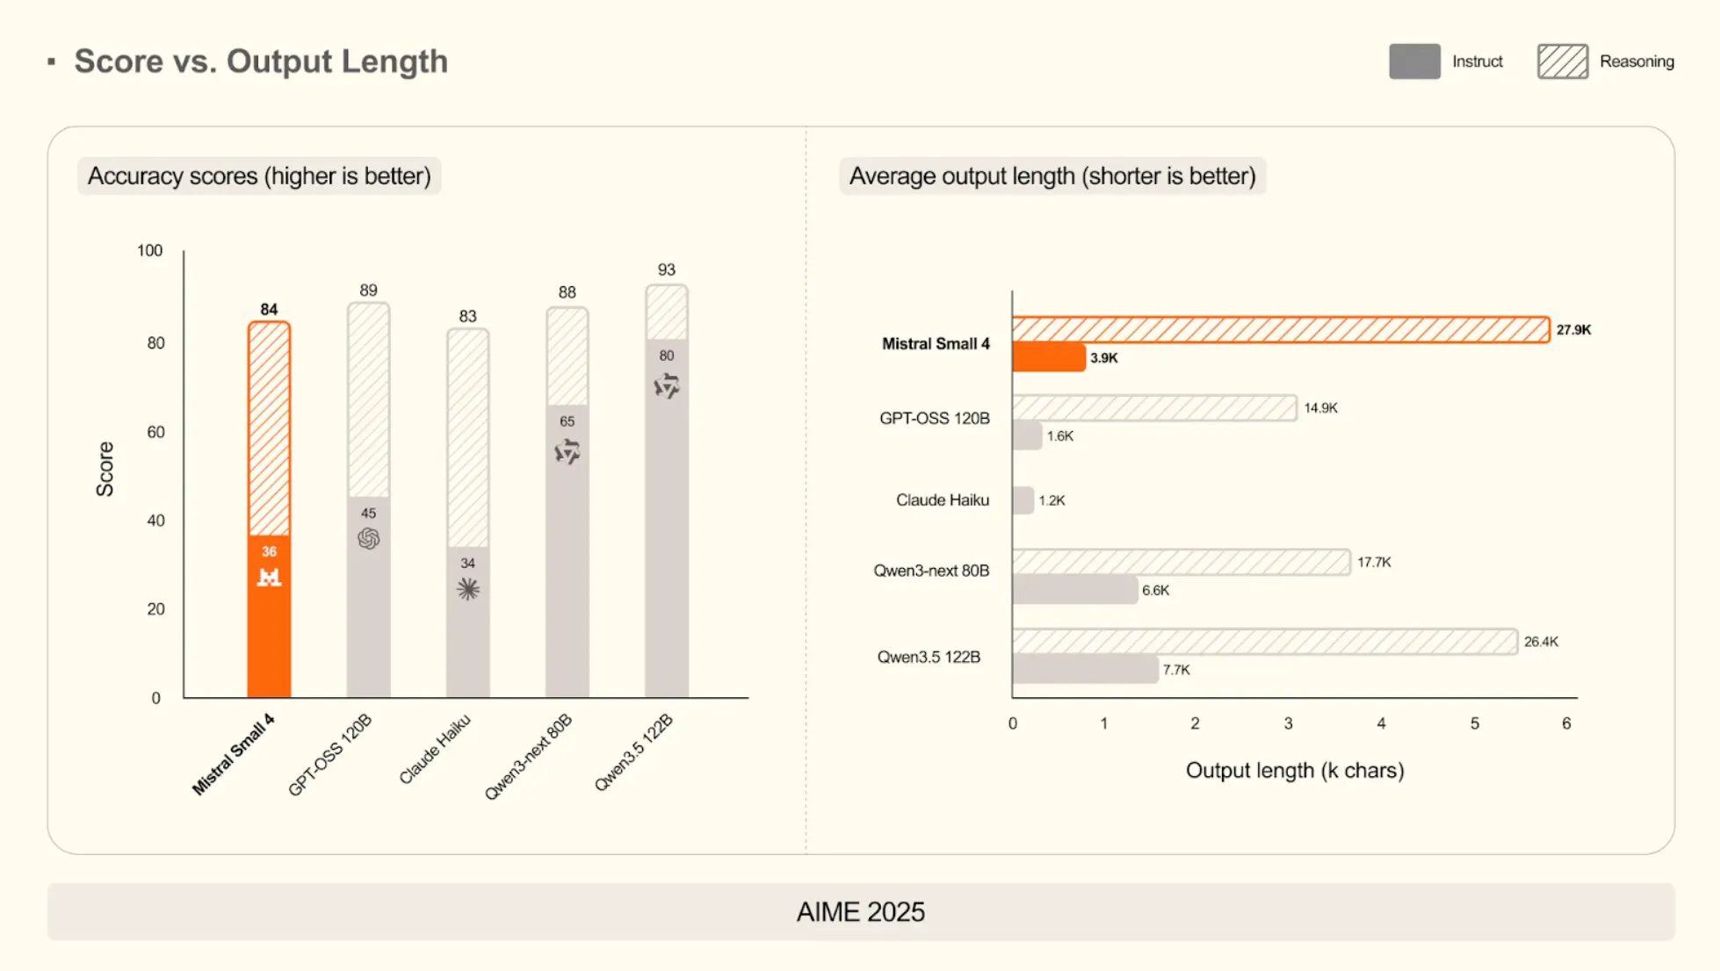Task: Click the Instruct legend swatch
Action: (x=1413, y=61)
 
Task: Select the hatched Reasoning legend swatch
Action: (x=1562, y=61)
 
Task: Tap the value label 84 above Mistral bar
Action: (x=269, y=309)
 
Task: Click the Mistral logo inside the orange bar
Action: (x=269, y=577)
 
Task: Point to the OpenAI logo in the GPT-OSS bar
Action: (x=368, y=538)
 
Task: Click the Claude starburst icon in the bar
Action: (x=467, y=588)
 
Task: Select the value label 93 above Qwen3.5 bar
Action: (x=666, y=270)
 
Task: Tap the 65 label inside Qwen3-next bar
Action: (x=567, y=421)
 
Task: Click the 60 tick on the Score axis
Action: (x=155, y=432)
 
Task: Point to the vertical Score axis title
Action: (x=105, y=469)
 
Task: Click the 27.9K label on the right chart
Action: (x=1573, y=330)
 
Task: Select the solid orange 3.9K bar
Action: (x=1048, y=357)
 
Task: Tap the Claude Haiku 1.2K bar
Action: (x=1023, y=500)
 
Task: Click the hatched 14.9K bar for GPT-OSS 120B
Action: (x=1153, y=408)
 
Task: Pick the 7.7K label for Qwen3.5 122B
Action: (x=1176, y=670)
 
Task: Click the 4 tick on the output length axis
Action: (x=1381, y=723)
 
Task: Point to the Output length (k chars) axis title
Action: (x=1294, y=770)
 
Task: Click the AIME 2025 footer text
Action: (x=860, y=912)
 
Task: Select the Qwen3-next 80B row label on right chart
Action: (x=931, y=571)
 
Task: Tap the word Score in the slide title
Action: (x=119, y=61)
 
